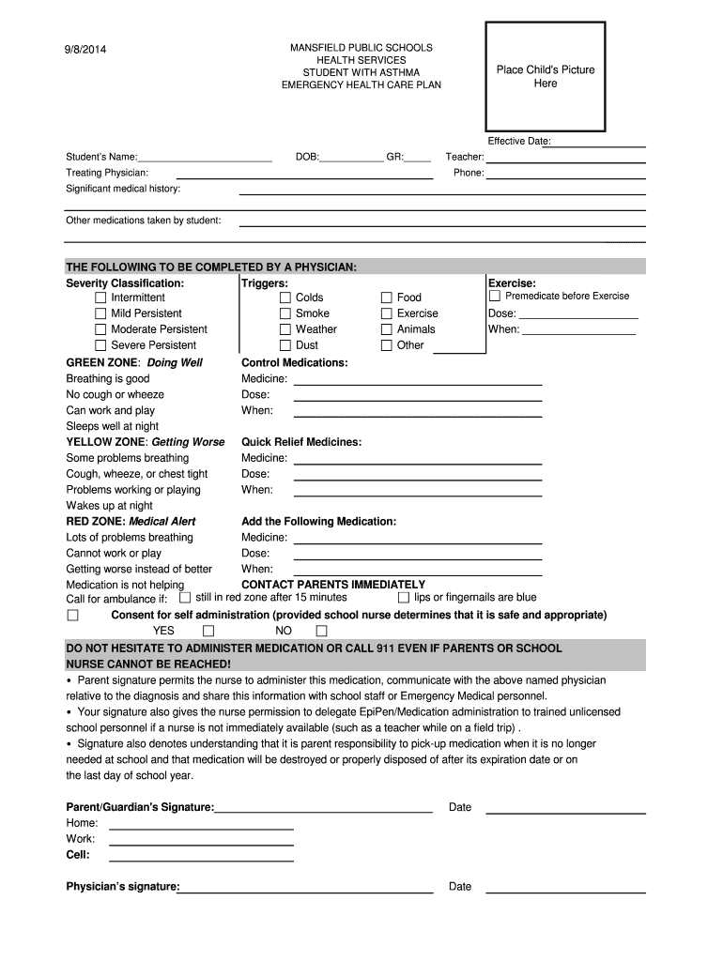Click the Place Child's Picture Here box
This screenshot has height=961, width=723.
[x=545, y=76]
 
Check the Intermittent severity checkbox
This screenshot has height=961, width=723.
[x=100, y=297]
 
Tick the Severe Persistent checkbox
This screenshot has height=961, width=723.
[x=100, y=345]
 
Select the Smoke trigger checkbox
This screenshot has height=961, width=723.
[x=285, y=313]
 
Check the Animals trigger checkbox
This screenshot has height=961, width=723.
[x=386, y=329]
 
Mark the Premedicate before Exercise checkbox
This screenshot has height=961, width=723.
[x=495, y=297]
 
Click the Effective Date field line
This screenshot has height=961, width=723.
[x=598, y=143]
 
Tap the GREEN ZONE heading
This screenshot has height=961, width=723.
[x=133, y=362]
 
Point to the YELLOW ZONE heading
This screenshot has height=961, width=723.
[x=145, y=442]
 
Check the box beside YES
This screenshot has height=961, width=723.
[x=208, y=631]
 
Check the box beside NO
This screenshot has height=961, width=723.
[x=321, y=631]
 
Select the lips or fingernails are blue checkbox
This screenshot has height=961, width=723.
[x=404, y=598]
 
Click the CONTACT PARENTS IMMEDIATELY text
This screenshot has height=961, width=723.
[x=333, y=584]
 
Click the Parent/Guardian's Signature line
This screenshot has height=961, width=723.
[x=323, y=808]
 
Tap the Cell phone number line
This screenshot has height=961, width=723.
[x=201, y=856]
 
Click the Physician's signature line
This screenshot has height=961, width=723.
[x=306, y=887]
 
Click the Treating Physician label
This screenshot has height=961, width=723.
[x=107, y=173]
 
